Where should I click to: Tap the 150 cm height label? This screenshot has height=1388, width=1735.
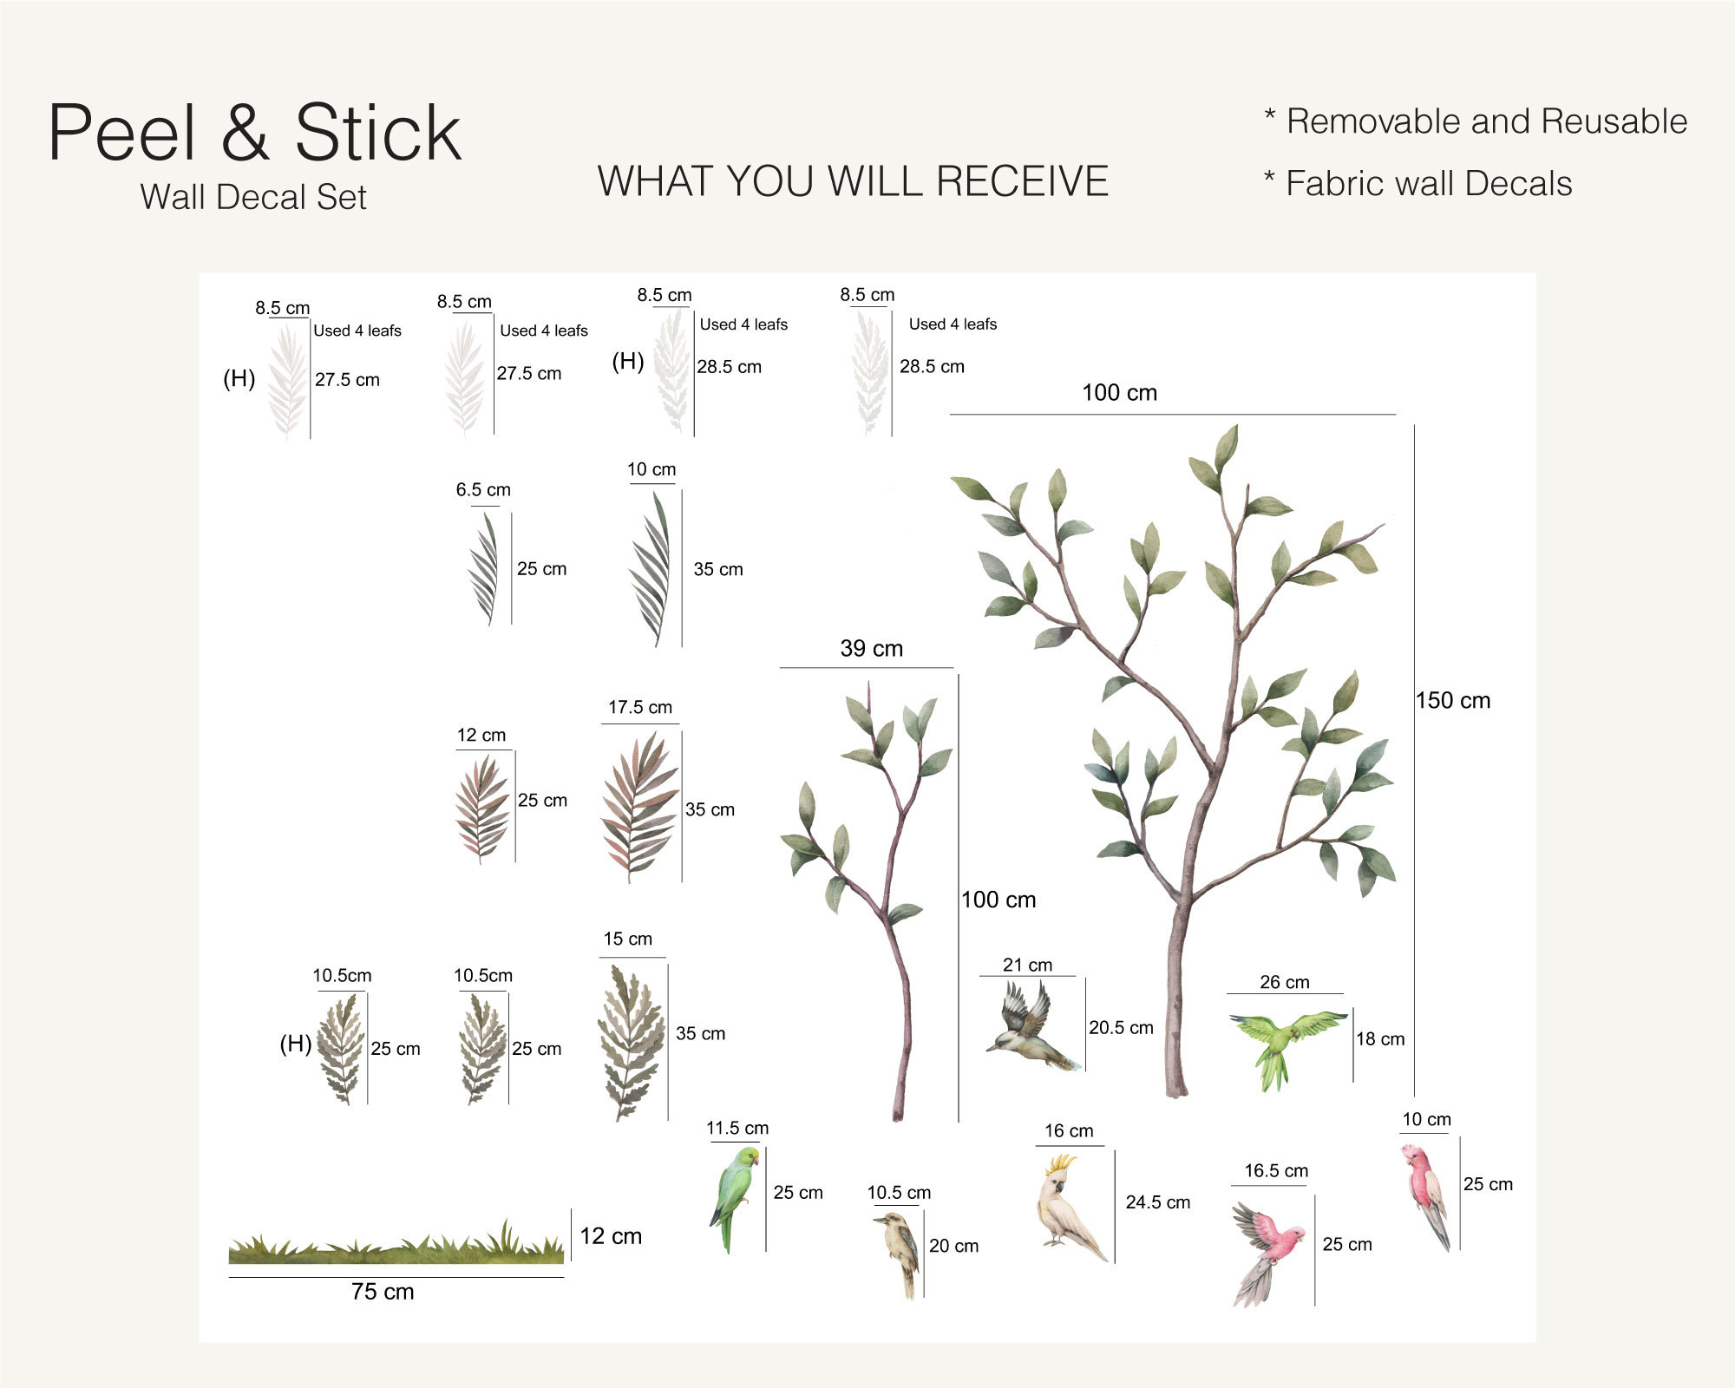coord(1453,701)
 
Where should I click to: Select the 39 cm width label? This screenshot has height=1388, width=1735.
coord(871,649)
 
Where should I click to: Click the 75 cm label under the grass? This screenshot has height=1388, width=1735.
coord(383,1292)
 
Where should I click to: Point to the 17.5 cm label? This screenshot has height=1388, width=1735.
coord(640,707)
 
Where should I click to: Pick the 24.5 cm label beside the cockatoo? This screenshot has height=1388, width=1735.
coord(1157,1202)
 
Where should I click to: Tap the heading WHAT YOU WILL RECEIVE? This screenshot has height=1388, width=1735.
coord(853,181)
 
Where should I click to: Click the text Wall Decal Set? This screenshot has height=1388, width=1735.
coord(253,197)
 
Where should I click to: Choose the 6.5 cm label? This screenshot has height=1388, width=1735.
coord(483,489)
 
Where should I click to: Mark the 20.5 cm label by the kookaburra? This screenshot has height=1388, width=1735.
coord(1121,1028)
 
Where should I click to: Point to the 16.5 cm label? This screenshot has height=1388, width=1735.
coord(1276,1171)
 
